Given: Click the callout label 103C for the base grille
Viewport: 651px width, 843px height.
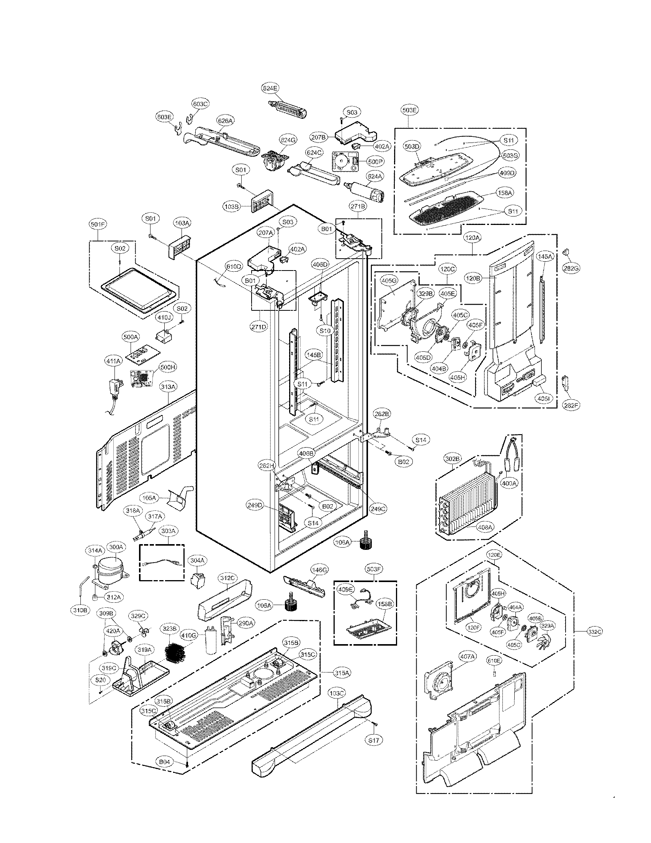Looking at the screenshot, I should click(x=337, y=693).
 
